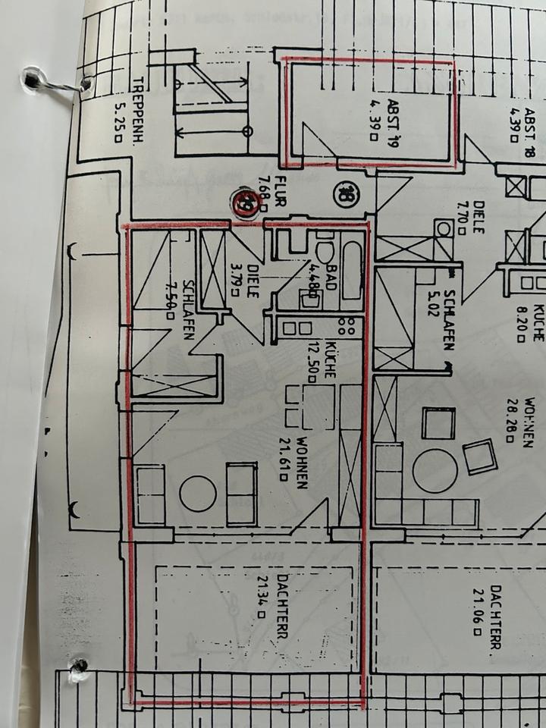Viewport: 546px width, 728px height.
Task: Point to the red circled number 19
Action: [246, 203]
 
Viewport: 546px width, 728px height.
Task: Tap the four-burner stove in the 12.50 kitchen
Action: [347, 328]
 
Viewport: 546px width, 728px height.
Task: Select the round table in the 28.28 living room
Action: [435, 470]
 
